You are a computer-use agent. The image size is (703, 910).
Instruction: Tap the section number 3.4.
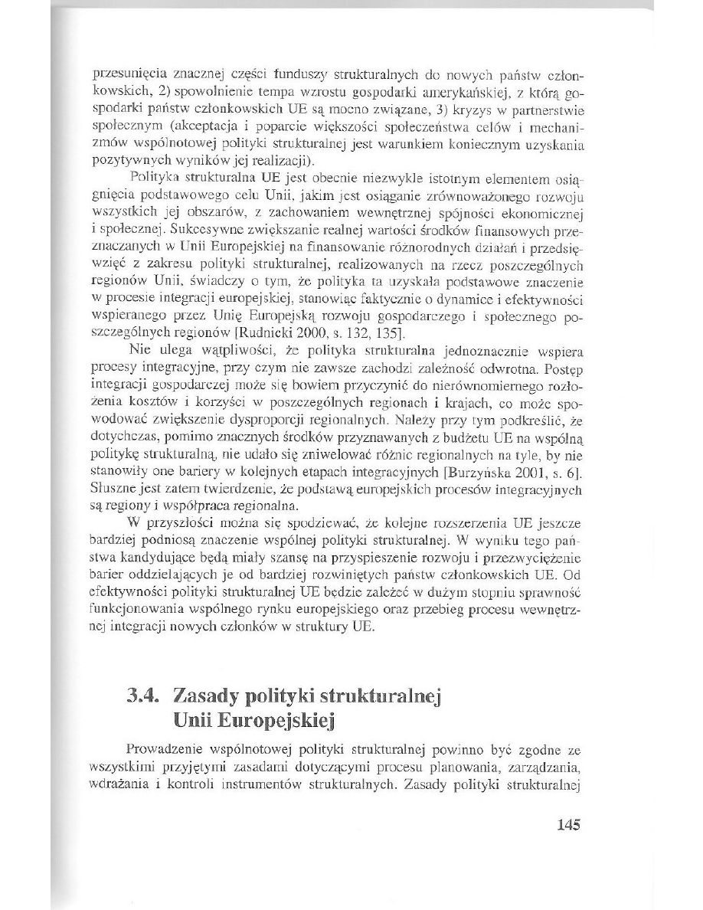(147, 697)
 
